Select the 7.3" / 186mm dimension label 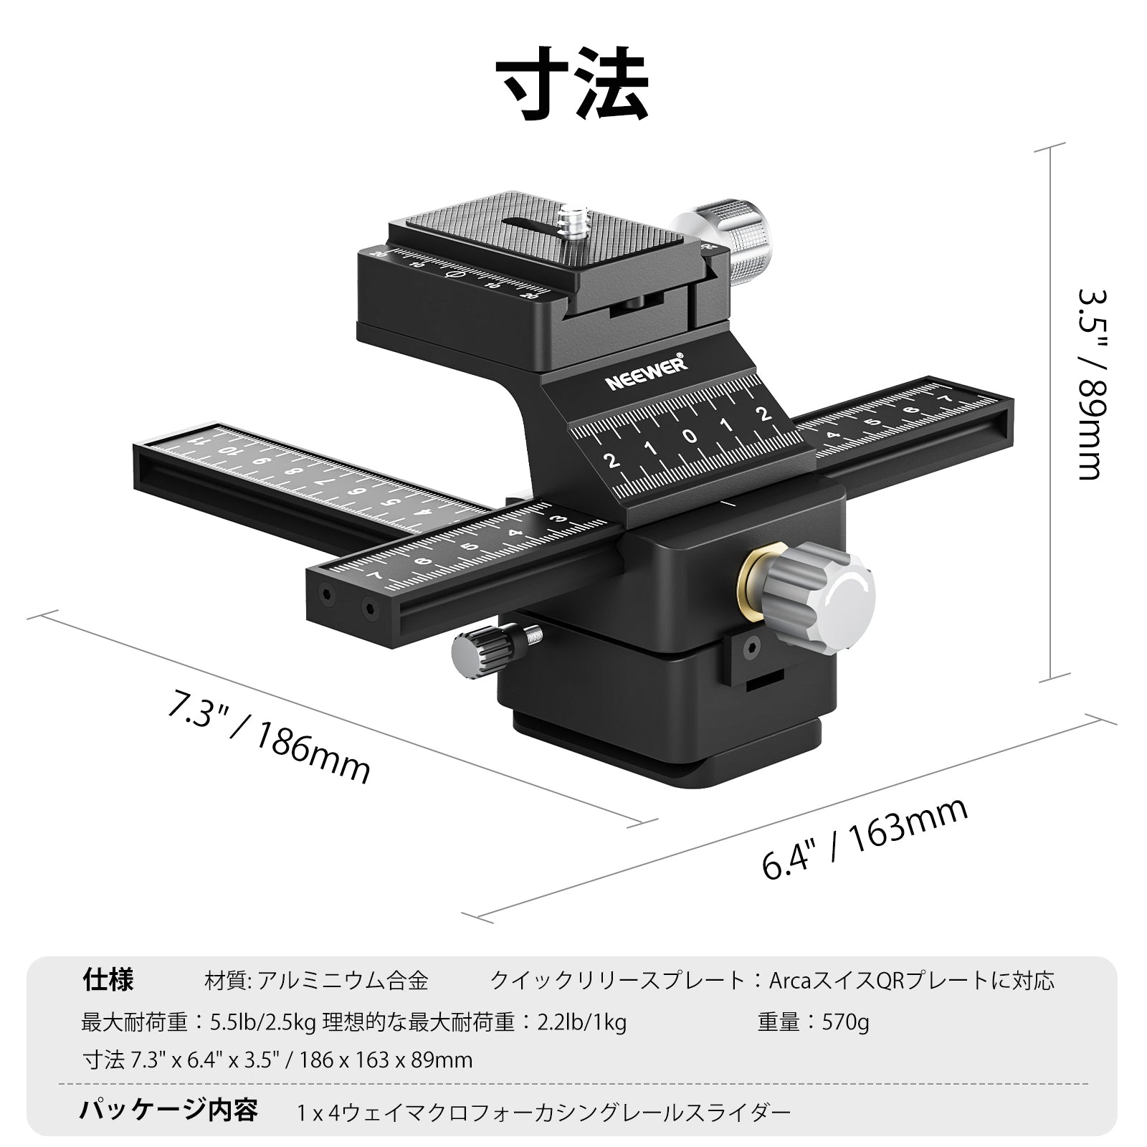268,736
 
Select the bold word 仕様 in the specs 108,979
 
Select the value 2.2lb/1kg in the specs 582,1022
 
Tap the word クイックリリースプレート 618,980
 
